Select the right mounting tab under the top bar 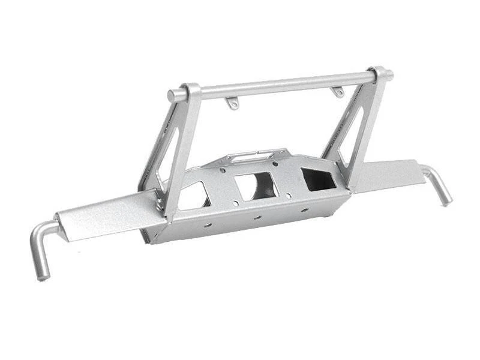(x=338, y=92)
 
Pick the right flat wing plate (x=390, y=174)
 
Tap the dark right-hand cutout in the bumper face (x=318, y=178)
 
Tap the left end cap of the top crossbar (x=172, y=95)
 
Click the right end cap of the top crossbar (x=389, y=76)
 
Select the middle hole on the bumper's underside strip (x=256, y=217)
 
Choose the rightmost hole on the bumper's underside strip (x=304, y=210)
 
